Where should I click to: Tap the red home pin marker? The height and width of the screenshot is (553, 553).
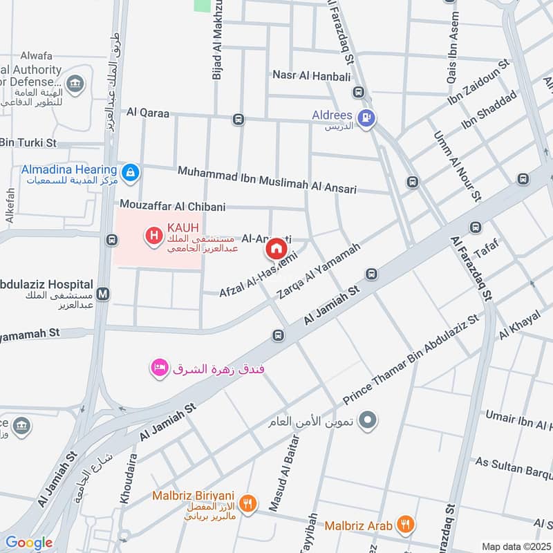pos(276,249)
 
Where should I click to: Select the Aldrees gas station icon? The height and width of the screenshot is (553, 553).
pos(368,118)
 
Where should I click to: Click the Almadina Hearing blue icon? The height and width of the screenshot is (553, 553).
pos(129,171)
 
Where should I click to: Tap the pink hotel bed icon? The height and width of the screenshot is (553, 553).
pos(160,368)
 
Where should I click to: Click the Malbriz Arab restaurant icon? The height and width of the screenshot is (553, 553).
pos(406,525)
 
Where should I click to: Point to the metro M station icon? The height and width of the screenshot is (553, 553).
pos(103,293)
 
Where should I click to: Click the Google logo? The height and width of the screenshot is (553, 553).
pos(28,543)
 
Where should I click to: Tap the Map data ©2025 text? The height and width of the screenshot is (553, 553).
pos(514,546)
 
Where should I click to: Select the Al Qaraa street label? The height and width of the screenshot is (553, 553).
pos(147,112)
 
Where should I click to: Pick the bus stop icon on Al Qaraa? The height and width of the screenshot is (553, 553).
pos(238,119)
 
